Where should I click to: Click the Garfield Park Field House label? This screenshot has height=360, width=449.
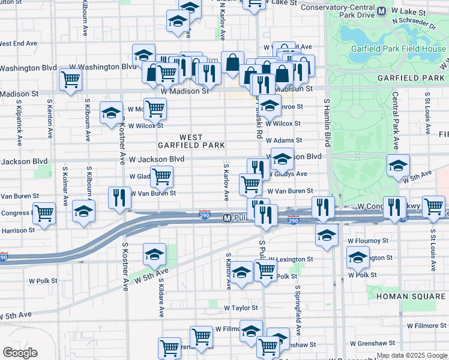(x=408, y=49)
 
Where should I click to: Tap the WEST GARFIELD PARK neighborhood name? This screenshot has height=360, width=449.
(x=191, y=141)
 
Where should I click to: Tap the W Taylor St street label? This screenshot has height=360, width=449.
(x=241, y=307)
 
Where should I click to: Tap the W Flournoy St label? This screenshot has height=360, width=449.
(x=368, y=241)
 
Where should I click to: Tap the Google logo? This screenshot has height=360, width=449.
(x=20, y=353)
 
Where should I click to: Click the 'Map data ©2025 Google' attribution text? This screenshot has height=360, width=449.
(x=412, y=355)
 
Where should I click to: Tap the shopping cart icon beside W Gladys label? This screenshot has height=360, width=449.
(x=161, y=176)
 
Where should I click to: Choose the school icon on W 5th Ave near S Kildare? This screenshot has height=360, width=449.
(x=154, y=254)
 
